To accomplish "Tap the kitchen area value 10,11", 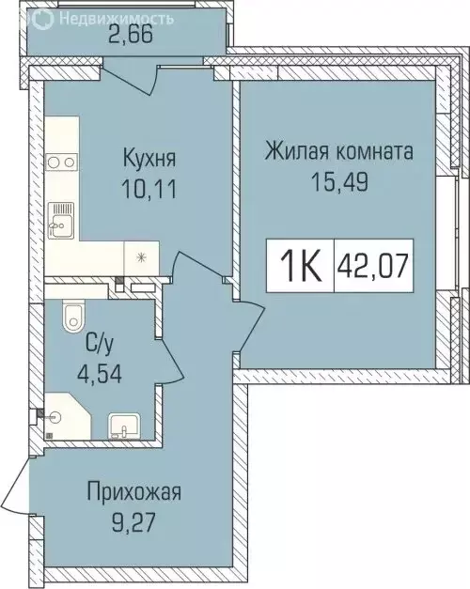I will (x=151, y=184).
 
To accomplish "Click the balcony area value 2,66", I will (x=129, y=38).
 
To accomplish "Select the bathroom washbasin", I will (x=122, y=427).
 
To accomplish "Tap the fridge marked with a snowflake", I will (x=142, y=256).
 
